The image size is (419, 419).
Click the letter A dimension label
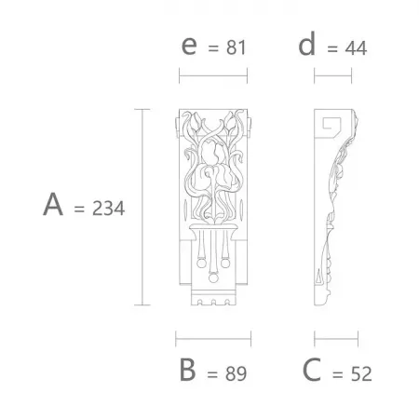coord(53,204)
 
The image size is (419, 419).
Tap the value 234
coord(108,209)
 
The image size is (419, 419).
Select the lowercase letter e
coord(189,46)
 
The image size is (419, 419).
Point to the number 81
coord(236,47)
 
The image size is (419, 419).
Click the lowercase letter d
coord(307,44)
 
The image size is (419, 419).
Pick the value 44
coord(356,48)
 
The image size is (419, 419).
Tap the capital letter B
coord(187,370)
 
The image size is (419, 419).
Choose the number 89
coord(236,373)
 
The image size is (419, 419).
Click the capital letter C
coord(312,370)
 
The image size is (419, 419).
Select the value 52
coord(361,373)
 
